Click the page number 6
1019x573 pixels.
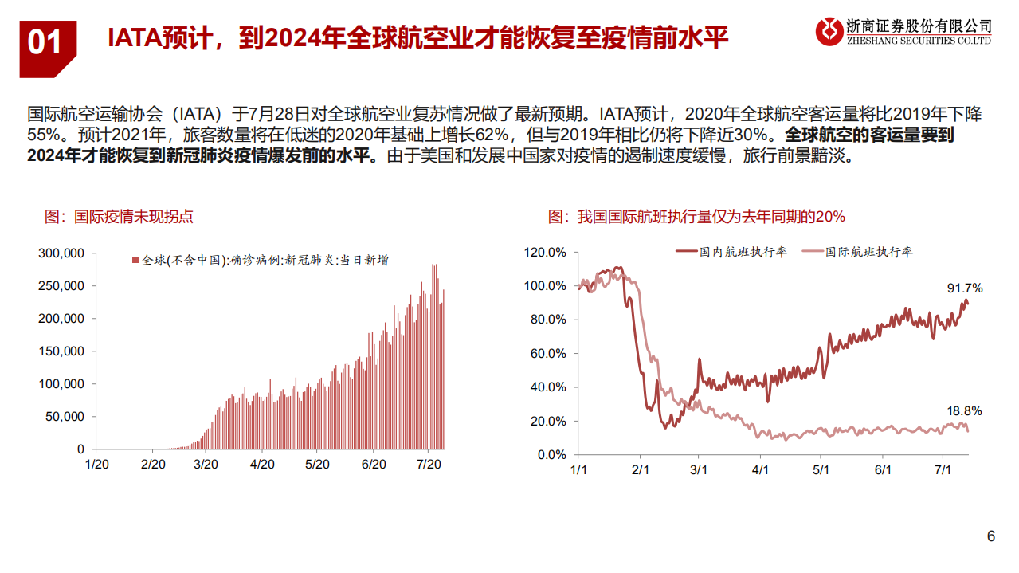coord(991,536)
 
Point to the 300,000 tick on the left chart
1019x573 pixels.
coord(61,253)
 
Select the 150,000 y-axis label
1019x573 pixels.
coord(61,351)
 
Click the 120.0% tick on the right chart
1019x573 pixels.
coord(545,253)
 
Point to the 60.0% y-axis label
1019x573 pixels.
coord(548,354)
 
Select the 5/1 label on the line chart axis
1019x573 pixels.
coord(821,470)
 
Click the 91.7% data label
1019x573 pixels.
coord(964,288)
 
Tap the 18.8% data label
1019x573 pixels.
coord(964,411)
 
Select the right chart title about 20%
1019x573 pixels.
coord(696,217)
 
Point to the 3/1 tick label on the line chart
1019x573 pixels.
coord(700,470)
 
